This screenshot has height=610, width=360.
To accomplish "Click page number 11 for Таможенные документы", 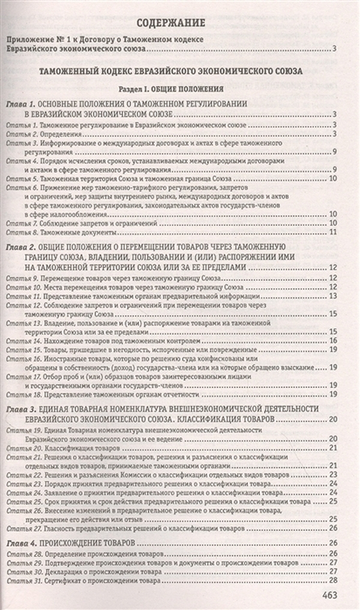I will point(335,232).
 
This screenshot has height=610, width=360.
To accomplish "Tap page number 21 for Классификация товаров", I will point(334,447).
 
